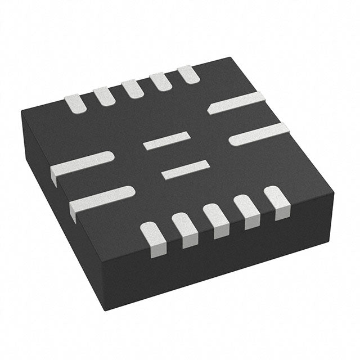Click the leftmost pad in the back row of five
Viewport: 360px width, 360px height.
click(75, 103)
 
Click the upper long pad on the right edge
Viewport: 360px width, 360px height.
click(236, 102)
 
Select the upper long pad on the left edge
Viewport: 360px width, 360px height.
click(83, 163)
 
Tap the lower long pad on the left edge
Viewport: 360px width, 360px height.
click(101, 198)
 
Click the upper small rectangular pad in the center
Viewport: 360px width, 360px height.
click(166, 140)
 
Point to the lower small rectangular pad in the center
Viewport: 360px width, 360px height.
click(186, 170)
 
